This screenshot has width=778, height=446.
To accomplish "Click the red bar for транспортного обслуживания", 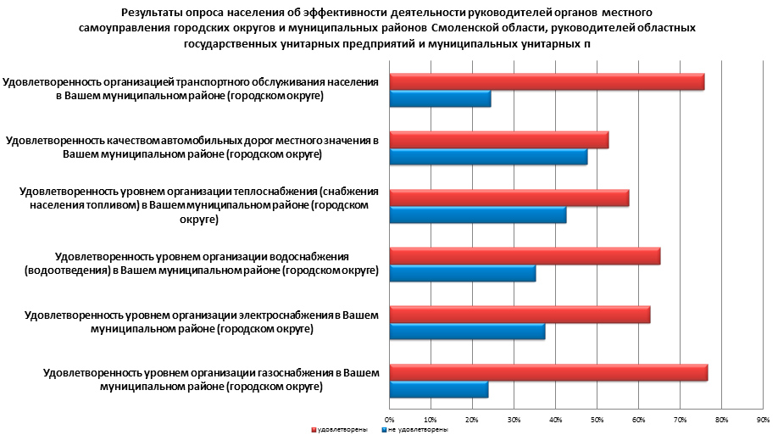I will (547, 81).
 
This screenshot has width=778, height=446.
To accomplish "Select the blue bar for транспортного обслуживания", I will (440, 100).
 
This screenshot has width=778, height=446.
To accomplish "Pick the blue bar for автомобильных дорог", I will (488, 158).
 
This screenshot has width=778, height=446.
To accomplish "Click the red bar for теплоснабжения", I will (508, 198).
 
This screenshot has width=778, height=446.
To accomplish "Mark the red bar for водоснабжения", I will (525, 256).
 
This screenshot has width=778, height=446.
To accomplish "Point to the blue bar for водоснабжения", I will (462, 274).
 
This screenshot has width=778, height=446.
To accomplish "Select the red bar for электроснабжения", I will (520, 315).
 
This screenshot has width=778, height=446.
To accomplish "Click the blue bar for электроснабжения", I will (467, 332).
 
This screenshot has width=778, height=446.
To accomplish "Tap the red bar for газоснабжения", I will (548, 373).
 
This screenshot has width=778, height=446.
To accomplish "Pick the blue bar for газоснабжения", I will (438, 390).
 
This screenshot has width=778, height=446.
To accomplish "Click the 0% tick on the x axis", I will (389, 420).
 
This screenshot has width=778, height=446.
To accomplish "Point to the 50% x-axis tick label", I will (597, 420).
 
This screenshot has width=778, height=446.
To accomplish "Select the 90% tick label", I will (762, 420).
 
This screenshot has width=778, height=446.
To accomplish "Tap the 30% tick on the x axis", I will (514, 420).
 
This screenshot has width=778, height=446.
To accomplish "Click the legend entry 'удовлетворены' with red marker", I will (340, 431).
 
